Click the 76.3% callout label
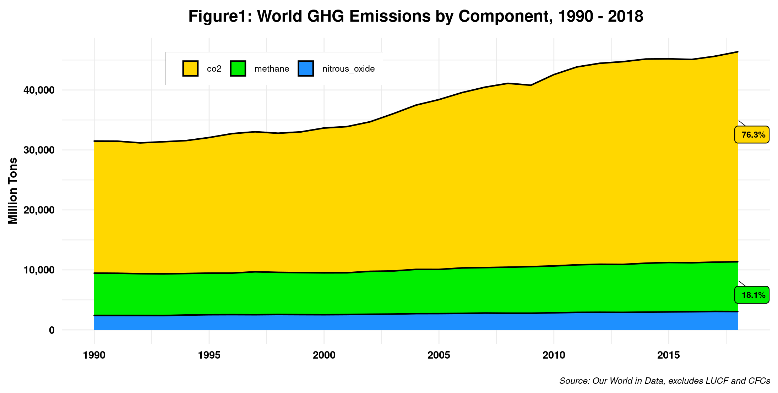pyautogui.click(x=752, y=135)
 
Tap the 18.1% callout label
pyautogui.click(x=752, y=295)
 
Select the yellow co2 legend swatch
pyautogui.click(x=190, y=68)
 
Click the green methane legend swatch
pyautogui.click(x=238, y=68)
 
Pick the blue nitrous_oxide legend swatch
pyautogui.click(x=306, y=68)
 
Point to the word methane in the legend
pyautogui.click(x=272, y=69)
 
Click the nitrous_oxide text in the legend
pyautogui.click(x=348, y=69)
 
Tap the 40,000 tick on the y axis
pyautogui.click(x=39, y=90)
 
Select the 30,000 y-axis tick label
pyautogui.click(x=39, y=150)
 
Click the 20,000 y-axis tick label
pyautogui.click(x=39, y=210)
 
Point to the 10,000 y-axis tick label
pyautogui.click(x=39, y=270)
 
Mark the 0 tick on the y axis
pyautogui.click(x=52, y=330)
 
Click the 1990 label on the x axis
pyautogui.click(x=94, y=355)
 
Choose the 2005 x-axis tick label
pyautogui.click(x=439, y=355)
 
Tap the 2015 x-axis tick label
pyautogui.click(x=669, y=355)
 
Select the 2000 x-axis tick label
pyautogui.click(x=324, y=355)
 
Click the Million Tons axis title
pyautogui.click(x=13, y=191)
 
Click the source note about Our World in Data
pyautogui.click(x=664, y=381)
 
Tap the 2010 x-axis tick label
pyautogui.click(x=554, y=355)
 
